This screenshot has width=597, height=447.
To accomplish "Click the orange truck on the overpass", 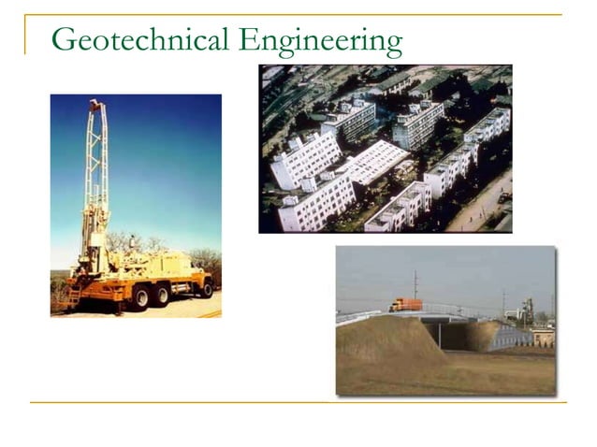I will [405, 304].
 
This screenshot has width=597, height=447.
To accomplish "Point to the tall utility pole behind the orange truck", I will [415, 285].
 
